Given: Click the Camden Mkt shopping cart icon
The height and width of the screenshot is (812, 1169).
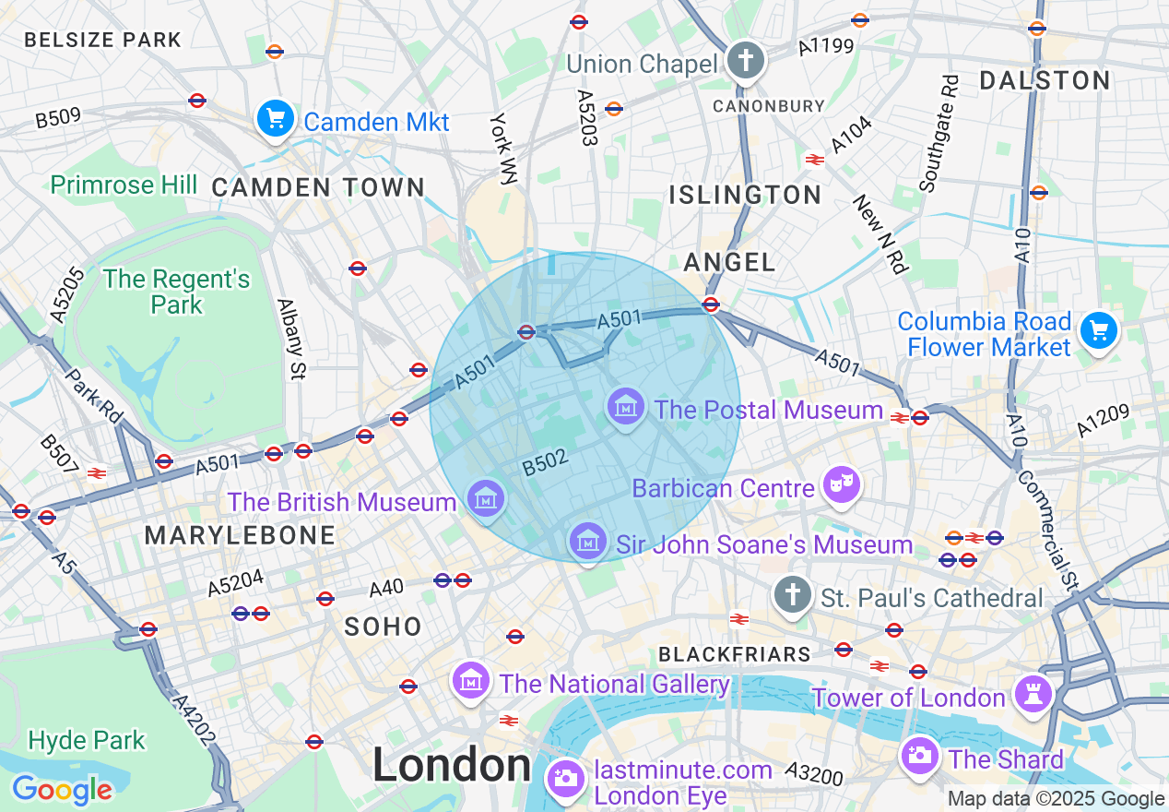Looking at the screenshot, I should tap(275, 119).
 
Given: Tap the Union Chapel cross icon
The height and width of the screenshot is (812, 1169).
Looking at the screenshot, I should tap(745, 61).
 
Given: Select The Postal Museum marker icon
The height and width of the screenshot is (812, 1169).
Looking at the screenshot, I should tap(626, 407).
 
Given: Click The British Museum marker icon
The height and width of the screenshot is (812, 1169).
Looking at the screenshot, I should tap(485, 499).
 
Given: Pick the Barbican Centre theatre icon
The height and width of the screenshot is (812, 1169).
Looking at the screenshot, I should tap(841, 485).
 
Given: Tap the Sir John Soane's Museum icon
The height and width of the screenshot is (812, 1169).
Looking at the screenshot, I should tap(587, 542).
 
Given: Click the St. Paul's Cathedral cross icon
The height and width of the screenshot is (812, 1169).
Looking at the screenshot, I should tap(792, 595).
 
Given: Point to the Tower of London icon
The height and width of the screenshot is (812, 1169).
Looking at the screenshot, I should tap(1032, 695).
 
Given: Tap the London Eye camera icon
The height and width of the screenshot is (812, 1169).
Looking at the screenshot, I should tap(565, 778).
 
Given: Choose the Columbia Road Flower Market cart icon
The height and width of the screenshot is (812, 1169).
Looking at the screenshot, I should tap(1099, 330).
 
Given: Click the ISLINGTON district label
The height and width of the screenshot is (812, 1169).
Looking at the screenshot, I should tap(745, 195).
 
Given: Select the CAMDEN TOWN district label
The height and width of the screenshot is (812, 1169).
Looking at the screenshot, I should tap(318, 187).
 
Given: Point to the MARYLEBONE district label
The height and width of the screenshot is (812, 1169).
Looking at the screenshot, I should tap(240, 535).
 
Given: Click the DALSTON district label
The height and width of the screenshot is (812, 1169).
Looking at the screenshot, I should tap(1045, 80).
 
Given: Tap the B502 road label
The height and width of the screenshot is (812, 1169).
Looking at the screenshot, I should tap(544, 463).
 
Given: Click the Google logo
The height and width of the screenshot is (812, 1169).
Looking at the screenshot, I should tap(62, 790).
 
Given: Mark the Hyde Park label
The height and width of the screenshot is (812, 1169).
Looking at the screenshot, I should tap(87, 740).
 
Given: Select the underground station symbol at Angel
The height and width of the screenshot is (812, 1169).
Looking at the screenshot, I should tap(711, 304).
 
